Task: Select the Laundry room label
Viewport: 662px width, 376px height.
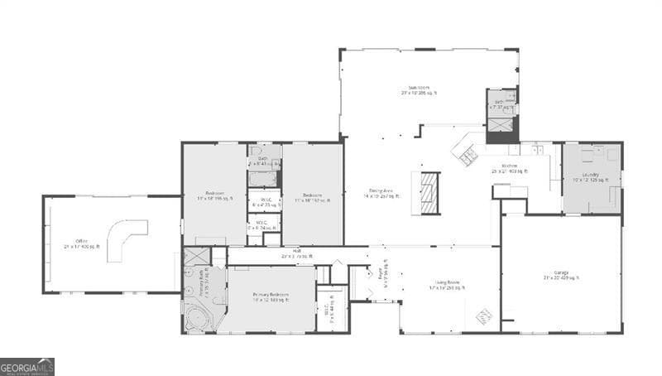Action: click(591, 176)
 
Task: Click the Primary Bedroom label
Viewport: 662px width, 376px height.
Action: click(271, 296)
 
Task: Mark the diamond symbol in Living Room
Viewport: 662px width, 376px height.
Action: click(484, 315)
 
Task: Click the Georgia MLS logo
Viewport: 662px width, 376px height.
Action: click(27, 366)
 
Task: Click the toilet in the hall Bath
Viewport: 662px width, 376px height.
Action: click(256, 152)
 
